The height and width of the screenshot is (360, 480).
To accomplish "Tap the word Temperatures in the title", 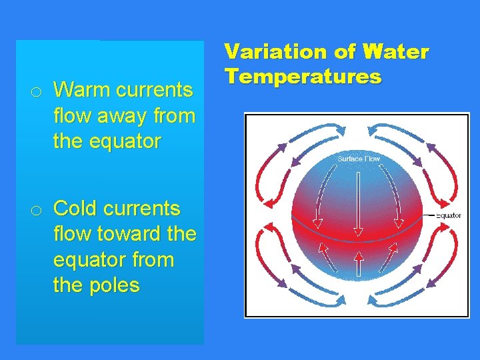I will point(303,77).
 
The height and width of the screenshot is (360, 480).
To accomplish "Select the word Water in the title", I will point(397,52).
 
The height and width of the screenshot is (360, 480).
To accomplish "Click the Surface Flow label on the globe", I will point(359,159).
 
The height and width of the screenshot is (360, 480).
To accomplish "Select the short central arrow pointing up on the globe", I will point(359,263).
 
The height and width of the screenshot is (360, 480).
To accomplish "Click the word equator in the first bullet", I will point(107,141).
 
